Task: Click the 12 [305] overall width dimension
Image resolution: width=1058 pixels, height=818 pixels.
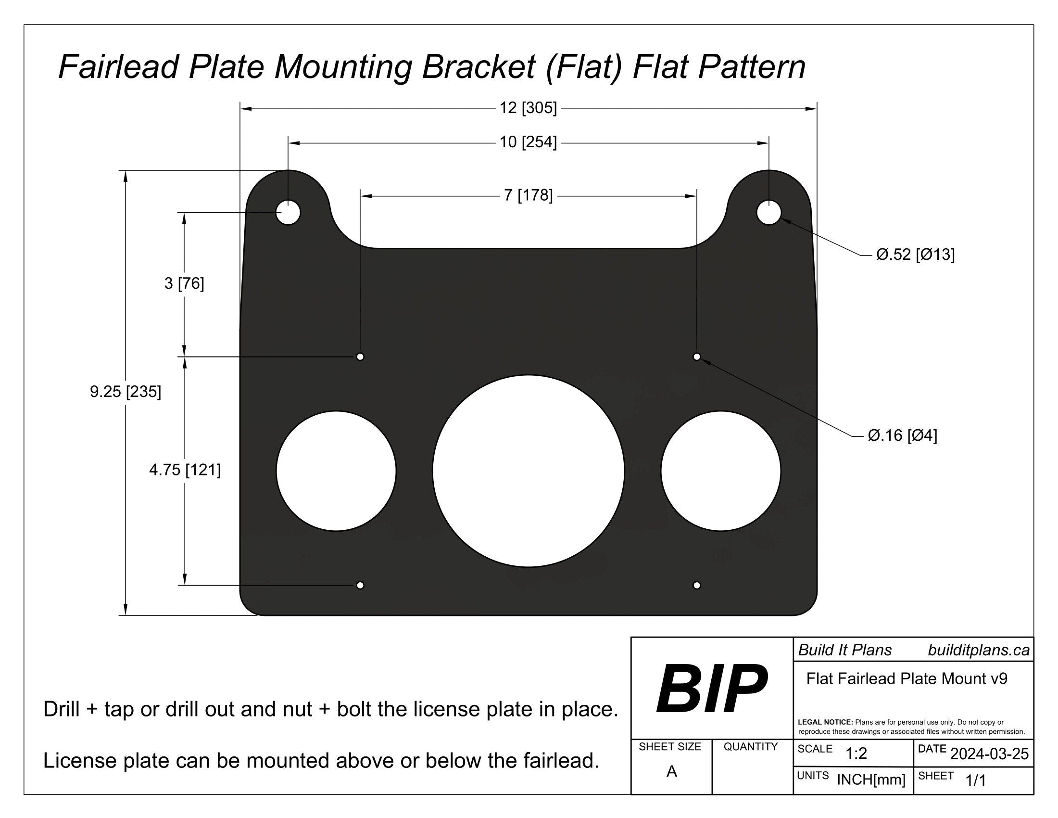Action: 528,108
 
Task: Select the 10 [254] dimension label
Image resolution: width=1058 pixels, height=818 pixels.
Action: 528,142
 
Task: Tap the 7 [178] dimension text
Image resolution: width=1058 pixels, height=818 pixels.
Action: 528,195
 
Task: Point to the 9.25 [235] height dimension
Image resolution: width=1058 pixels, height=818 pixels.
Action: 126,391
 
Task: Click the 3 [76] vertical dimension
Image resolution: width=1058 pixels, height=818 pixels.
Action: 184,283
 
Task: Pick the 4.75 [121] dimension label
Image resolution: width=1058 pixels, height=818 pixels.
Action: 185,470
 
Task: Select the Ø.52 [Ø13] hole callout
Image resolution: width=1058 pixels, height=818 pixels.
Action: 915,255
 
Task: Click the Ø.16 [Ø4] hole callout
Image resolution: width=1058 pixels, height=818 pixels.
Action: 902,435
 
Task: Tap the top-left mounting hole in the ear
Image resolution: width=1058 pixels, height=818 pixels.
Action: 288,212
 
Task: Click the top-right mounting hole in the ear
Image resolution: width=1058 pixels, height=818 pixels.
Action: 769,212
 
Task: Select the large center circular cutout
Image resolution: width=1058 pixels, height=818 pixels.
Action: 528,471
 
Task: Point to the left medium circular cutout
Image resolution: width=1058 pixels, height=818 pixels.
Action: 336,471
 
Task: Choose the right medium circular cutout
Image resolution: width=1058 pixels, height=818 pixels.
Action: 720,471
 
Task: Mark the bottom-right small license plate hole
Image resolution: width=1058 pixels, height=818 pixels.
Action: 697,585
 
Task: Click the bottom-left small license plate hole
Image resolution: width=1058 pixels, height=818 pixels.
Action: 360,585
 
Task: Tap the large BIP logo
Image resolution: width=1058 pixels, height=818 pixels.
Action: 711,689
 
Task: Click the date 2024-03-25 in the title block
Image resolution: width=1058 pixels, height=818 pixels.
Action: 989,754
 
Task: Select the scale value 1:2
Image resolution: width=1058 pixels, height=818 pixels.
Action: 856,754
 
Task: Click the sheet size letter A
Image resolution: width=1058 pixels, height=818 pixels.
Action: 671,771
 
